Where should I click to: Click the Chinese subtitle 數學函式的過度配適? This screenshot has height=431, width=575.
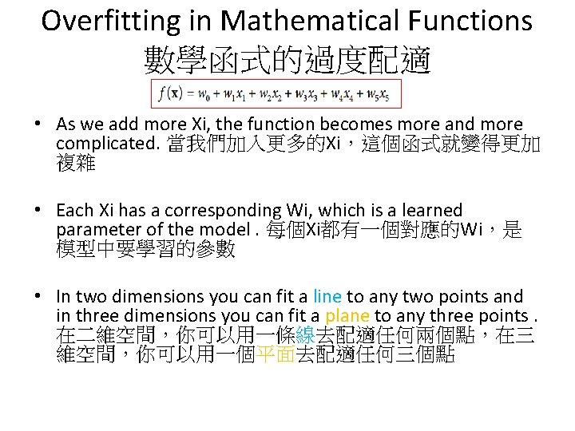click(x=287, y=60)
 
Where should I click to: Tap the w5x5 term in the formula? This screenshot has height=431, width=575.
click(x=380, y=95)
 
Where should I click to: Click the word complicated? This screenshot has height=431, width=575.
click(x=107, y=144)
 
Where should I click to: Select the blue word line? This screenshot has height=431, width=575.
click(x=327, y=297)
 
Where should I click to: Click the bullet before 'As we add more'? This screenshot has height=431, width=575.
click(x=38, y=125)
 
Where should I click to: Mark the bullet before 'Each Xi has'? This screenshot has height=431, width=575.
click(x=38, y=211)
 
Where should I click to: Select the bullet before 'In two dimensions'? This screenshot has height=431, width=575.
click(x=38, y=297)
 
